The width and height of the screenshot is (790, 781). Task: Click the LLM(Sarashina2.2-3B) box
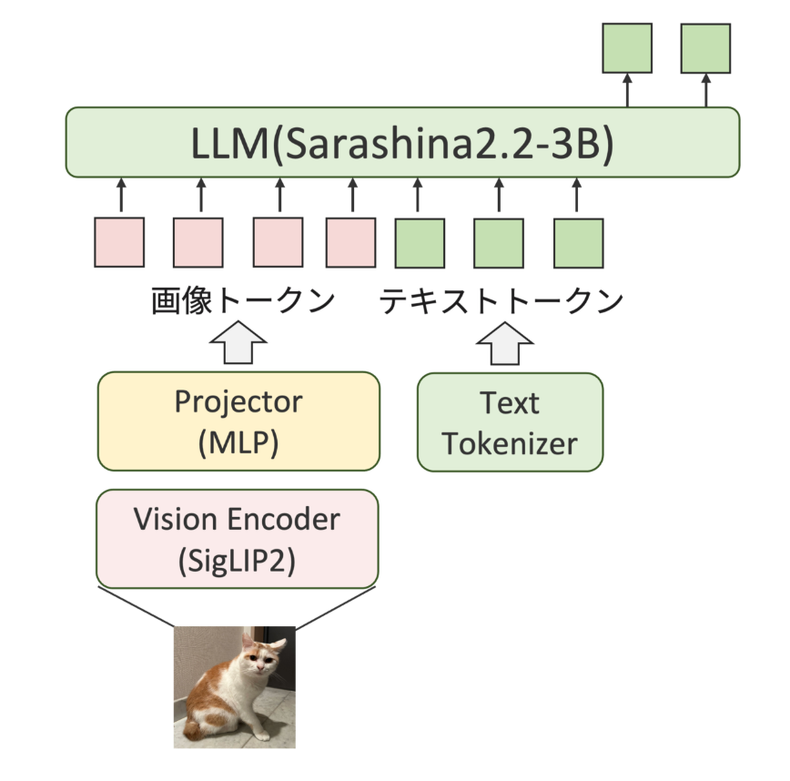(401, 142)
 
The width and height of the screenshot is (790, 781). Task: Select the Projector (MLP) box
(238, 421)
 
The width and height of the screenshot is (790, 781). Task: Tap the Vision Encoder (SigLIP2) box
(237, 539)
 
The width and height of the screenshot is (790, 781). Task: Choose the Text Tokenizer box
(510, 421)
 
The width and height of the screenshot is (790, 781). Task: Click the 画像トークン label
(242, 300)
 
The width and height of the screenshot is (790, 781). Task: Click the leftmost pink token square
(119, 242)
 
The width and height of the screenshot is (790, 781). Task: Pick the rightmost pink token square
(351, 242)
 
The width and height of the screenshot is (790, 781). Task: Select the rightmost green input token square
(579, 242)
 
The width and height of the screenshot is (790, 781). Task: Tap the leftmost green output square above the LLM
(628, 48)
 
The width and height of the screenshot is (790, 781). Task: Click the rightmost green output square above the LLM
(706, 48)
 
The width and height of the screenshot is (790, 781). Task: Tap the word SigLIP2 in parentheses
(237, 558)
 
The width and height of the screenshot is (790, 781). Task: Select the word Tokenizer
(510, 443)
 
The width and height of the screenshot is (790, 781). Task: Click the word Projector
(238, 401)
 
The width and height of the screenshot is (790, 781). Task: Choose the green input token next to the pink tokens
(420, 242)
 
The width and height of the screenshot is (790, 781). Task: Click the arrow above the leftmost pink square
(119, 195)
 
